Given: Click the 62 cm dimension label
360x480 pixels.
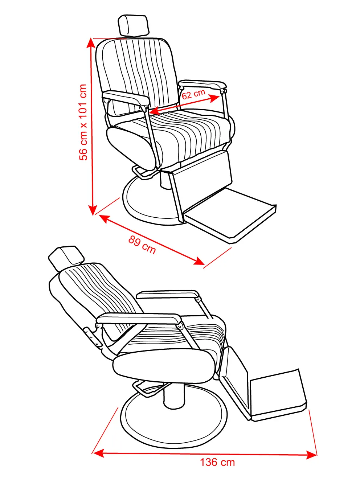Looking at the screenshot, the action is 193,94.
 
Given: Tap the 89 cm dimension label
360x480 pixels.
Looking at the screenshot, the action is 142,245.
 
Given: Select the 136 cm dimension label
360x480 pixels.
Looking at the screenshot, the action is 217,463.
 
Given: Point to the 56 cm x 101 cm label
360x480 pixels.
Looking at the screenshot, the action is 83,122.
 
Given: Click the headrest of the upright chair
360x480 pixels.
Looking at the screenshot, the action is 134,25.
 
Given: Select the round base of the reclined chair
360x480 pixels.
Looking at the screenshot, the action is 174,423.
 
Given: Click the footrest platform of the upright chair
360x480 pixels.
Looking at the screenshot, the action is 230,216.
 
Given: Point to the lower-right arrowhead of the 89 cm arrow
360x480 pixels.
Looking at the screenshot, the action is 199,261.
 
